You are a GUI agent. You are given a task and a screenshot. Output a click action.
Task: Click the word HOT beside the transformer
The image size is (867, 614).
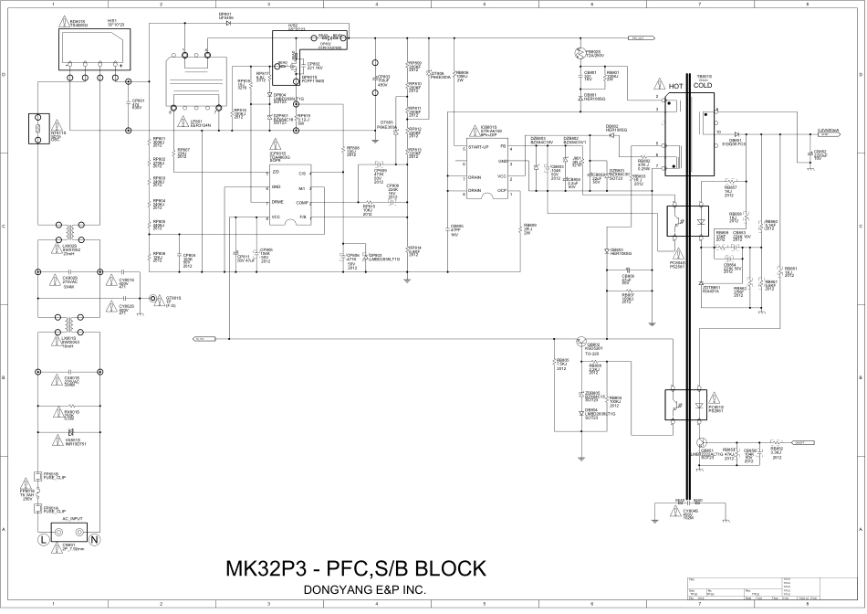coord(676,86)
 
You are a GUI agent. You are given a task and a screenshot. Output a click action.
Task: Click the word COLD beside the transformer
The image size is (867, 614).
coord(703,86)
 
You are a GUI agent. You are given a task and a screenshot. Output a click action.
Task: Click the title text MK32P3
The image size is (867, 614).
coord(268,569)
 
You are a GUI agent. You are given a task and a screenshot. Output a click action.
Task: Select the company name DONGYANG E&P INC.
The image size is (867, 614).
coord(364,590)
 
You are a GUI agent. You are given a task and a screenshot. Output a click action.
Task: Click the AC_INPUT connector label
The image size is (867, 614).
coord(74,517)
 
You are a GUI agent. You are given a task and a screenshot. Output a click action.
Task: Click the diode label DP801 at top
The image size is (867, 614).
coord(225,15)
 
